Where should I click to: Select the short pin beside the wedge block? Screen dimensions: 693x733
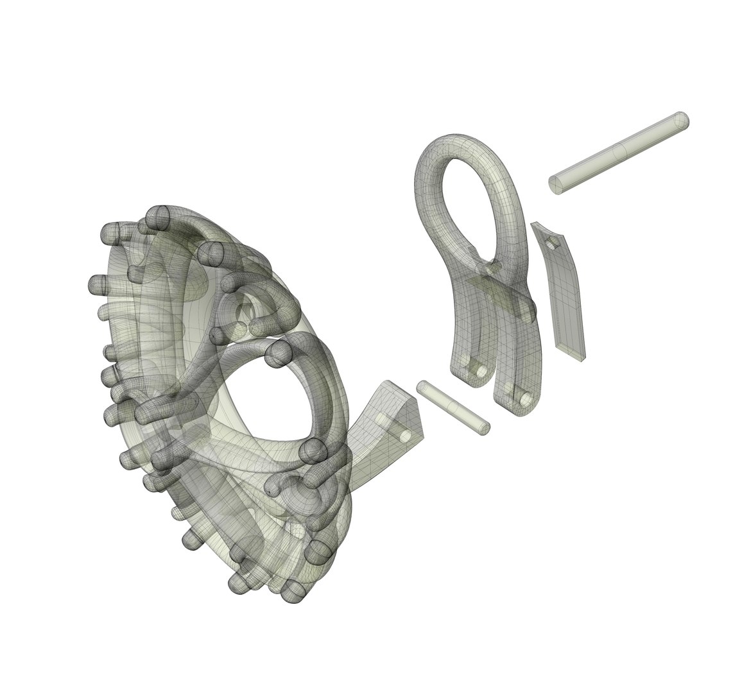453,407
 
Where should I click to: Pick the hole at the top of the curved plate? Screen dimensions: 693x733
551,243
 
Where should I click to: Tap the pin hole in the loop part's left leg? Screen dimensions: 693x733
478,370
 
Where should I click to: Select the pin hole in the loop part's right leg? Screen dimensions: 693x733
526,399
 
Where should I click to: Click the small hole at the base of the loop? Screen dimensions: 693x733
491,264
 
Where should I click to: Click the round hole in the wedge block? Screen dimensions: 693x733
406,435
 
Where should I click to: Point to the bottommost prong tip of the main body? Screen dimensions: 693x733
294,592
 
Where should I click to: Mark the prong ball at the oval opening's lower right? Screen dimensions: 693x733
314,451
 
